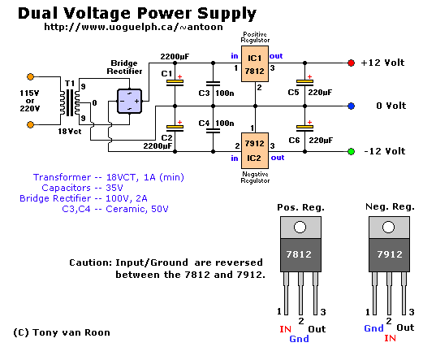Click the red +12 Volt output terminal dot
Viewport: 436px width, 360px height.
pos(351,63)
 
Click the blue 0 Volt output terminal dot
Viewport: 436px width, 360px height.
pos(351,106)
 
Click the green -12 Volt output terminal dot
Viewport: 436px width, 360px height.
pos(351,150)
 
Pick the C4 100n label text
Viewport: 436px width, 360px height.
pos(215,124)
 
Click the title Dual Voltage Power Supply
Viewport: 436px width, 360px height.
pos(136,14)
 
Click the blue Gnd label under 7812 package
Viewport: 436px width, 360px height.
pos(299,338)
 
